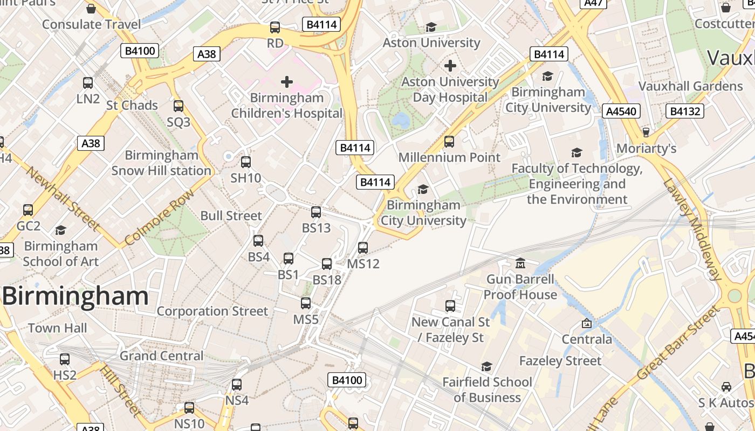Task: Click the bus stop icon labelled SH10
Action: (x=246, y=162)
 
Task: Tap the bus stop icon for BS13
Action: (x=316, y=212)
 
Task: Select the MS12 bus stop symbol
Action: (x=363, y=248)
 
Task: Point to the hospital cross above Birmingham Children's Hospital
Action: (x=287, y=82)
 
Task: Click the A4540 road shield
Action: (x=621, y=112)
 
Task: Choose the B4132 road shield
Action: (x=685, y=112)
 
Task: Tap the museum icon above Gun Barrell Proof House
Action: (x=520, y=263)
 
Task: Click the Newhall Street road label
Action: (x=63, y=198)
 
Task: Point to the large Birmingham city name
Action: (x=75, y=296)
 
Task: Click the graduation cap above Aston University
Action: (x=431, y=27)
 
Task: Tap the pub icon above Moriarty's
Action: (x=646, y=132)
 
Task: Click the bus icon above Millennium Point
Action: (x=449, y=142)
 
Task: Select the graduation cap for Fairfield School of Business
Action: (x=486, y=366)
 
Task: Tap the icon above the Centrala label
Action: (x=587, y=323)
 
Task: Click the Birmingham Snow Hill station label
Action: (x=161, y=163)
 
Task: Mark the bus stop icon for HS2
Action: (x=65, y=359)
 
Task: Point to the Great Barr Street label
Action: (x=678, y=343)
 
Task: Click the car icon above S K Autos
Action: (x=726, y=387)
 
